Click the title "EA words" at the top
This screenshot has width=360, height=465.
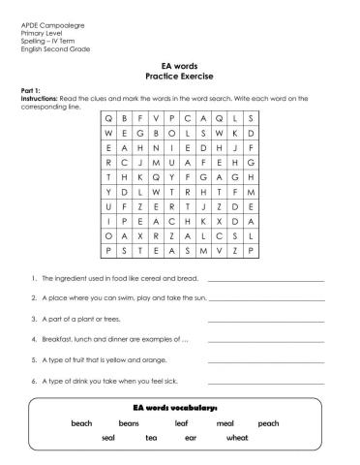click(x=179, y=66)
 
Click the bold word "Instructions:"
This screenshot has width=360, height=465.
click(x=40, y=98)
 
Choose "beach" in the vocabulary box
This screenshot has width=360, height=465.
click(x=81, y=423)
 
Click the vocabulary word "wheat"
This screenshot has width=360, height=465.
click(x=237, y=439)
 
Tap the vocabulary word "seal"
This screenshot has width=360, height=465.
click(x=108, y=439)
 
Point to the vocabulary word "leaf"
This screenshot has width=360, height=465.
click(x=181, y=423)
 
